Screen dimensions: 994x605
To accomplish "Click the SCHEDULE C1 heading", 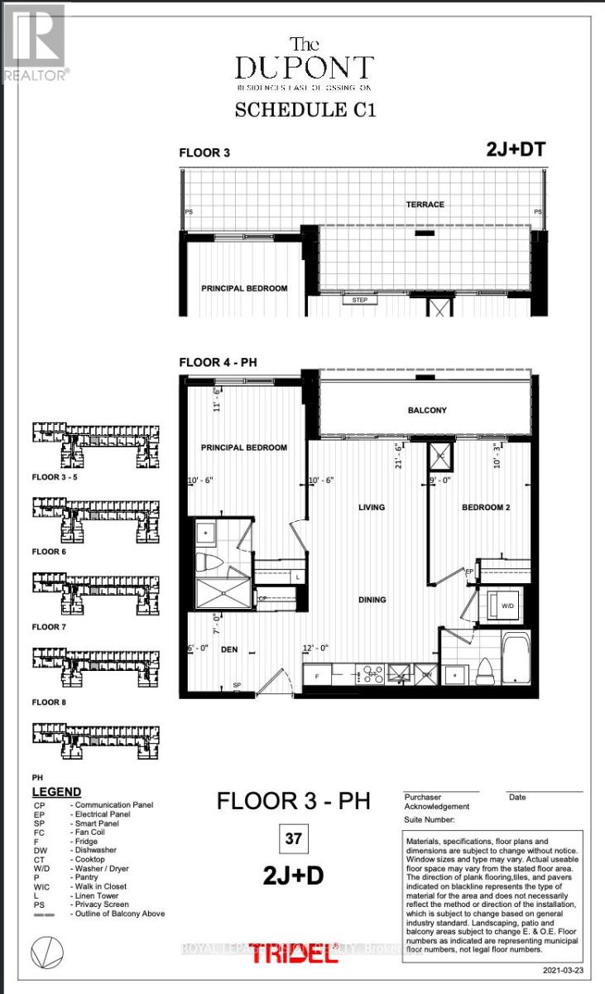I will [305, 109].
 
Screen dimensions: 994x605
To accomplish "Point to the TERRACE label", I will [425, 204].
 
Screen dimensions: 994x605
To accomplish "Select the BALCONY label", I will [427, 410].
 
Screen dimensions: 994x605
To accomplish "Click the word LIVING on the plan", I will [372, 507].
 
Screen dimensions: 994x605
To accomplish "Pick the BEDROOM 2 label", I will [484, 507].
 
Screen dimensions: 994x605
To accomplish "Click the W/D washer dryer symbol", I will [506, 607].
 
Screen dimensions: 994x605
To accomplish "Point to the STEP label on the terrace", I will [359, 300].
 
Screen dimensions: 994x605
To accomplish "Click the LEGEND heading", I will [56, 792].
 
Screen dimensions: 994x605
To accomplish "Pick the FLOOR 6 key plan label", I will [50, 551].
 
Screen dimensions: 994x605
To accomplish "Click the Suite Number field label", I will [429, 819].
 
